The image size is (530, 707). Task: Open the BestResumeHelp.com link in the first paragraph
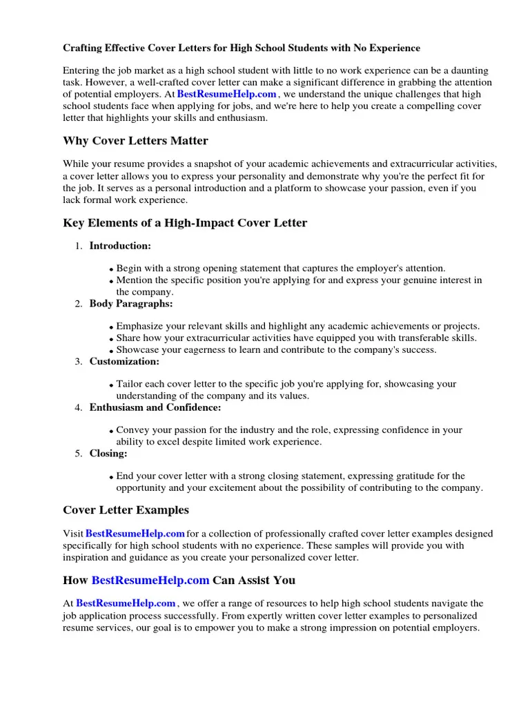click(x=227, y=94)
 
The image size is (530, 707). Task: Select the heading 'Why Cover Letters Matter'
click(x=135, y=141)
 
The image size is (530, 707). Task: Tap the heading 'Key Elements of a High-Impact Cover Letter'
click(x=185, y=223)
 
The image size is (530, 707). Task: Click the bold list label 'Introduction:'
click(x=120, y=246)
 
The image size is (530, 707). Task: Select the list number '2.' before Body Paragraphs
click(x=79, y=304)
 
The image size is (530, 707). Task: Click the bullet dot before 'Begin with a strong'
click(x=112, y=269)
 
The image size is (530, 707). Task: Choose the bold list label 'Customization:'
click(x=124, y=361)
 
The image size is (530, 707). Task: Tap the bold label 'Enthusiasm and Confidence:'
click(x=155, y=407)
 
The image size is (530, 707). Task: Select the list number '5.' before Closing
click(x=79, y=454)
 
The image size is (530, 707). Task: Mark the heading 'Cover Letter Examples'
click(x=126, y=510)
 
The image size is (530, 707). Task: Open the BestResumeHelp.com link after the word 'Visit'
click(x=135, y=534)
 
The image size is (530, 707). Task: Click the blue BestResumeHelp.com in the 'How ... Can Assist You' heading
click(x=150, y=580)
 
